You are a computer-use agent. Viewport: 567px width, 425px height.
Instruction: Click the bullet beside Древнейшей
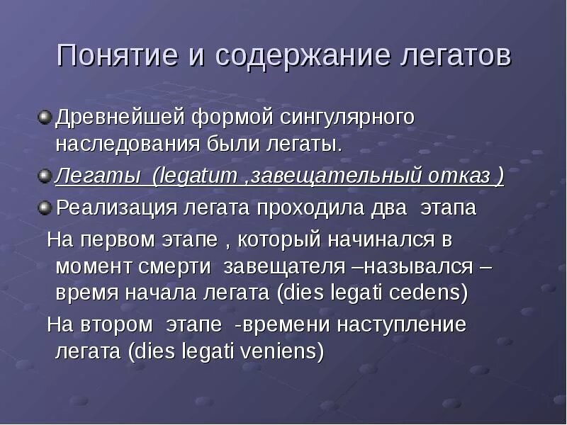(45, 115)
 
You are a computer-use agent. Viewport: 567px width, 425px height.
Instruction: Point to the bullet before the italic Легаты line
(45, 176)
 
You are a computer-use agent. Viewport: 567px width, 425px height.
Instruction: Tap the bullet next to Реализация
(45, 207)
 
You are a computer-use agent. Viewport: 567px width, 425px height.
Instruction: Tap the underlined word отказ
(456, 176)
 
